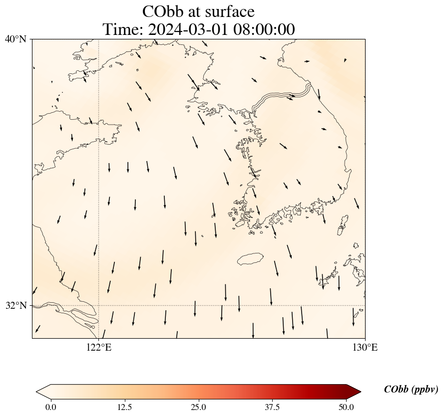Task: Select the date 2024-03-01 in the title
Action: coord(188,29)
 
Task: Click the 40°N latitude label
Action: coord(16,39)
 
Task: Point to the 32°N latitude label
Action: coord(16,305)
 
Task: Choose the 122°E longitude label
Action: coord(99,347)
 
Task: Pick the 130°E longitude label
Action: coord(365,347)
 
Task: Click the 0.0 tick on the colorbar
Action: coord(50,407)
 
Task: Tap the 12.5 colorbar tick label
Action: coord(124,407)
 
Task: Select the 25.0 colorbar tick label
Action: coord(198,407)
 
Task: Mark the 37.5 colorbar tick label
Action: coord(272,407)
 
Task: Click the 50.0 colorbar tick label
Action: coord(346,407)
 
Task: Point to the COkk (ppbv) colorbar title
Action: coord(411,390)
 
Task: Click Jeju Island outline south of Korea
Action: coord(250,259)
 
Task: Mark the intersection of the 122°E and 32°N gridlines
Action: coord(99,305)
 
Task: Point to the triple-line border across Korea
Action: coord(282,97)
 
